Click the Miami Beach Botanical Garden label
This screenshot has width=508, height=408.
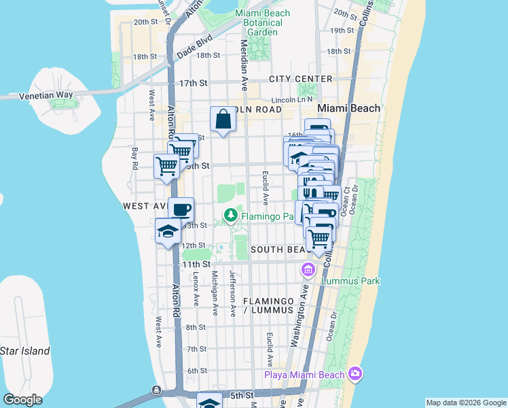point(262,22)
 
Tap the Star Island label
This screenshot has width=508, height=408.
point(25,351)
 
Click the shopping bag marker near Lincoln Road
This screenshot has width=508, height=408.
point(223,120)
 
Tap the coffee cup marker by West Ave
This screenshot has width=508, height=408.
point(181,209)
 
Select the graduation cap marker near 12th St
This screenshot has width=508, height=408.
point(168,231)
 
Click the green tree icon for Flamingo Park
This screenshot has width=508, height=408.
point(231,216)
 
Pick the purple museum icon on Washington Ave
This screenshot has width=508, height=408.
point(308,271)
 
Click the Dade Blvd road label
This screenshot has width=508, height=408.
point(194,47)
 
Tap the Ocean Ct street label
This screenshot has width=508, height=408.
point(346,198)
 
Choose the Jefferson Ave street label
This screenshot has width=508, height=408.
point(232,294)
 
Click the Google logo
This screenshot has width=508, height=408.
point(24,400)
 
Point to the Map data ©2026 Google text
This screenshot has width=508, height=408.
point(466,403)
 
